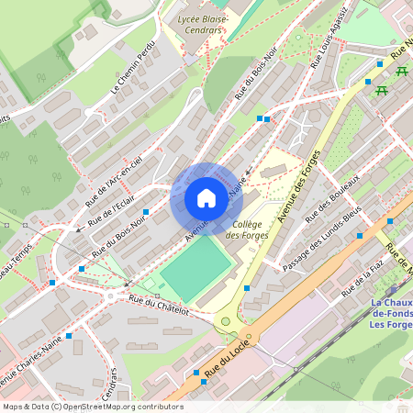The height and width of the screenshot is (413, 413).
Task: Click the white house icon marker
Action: (206, 198)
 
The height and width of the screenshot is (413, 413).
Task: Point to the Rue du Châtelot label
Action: (159, 307)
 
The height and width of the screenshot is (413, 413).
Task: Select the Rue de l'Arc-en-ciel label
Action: (115, 176)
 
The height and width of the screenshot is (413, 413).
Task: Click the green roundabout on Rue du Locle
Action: (225, 322)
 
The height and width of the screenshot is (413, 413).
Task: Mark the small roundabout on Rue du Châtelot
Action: (115, 296)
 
